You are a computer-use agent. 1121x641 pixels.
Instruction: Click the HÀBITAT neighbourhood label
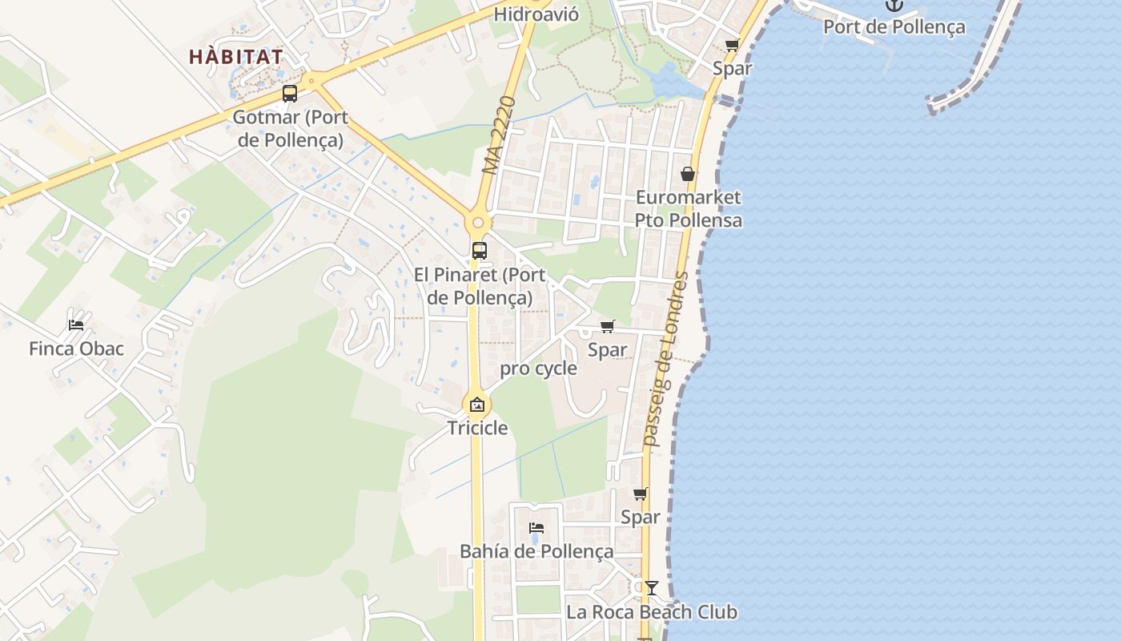click(236, 57)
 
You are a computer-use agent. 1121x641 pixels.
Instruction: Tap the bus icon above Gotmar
click(290, 94)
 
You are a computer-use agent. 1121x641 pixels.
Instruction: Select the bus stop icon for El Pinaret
click(480, 250)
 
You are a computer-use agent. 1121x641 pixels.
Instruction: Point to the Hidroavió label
click(536, 14)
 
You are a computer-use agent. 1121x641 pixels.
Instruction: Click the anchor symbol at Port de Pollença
click(894, 5)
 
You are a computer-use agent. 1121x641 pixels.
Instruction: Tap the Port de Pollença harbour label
click(894, 27)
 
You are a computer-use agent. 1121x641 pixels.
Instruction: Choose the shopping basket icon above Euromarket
click(688, 174)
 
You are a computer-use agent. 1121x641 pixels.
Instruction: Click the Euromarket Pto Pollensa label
click(689, 209)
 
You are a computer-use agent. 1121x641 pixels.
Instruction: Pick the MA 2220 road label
click(497, 135)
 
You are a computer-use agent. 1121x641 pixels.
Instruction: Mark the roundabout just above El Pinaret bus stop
click(478, 223)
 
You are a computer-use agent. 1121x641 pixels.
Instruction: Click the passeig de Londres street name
click(666, 359)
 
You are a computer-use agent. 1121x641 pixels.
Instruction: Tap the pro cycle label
click(538, 369)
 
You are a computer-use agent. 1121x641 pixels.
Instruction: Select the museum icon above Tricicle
click(477, 405)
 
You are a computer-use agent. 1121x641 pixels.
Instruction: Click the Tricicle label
click(477, 428)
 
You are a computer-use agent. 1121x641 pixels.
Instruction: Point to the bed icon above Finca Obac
click(76, 325)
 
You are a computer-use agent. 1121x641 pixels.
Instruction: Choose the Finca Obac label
click(76, 349)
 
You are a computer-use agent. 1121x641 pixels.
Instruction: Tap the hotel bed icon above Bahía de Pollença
click(536, 528)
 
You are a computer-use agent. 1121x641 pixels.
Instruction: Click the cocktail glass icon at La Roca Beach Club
click(652, 588)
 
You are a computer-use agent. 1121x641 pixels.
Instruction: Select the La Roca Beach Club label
click(652, 612)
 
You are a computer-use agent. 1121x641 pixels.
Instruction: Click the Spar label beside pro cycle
click(608, 349)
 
